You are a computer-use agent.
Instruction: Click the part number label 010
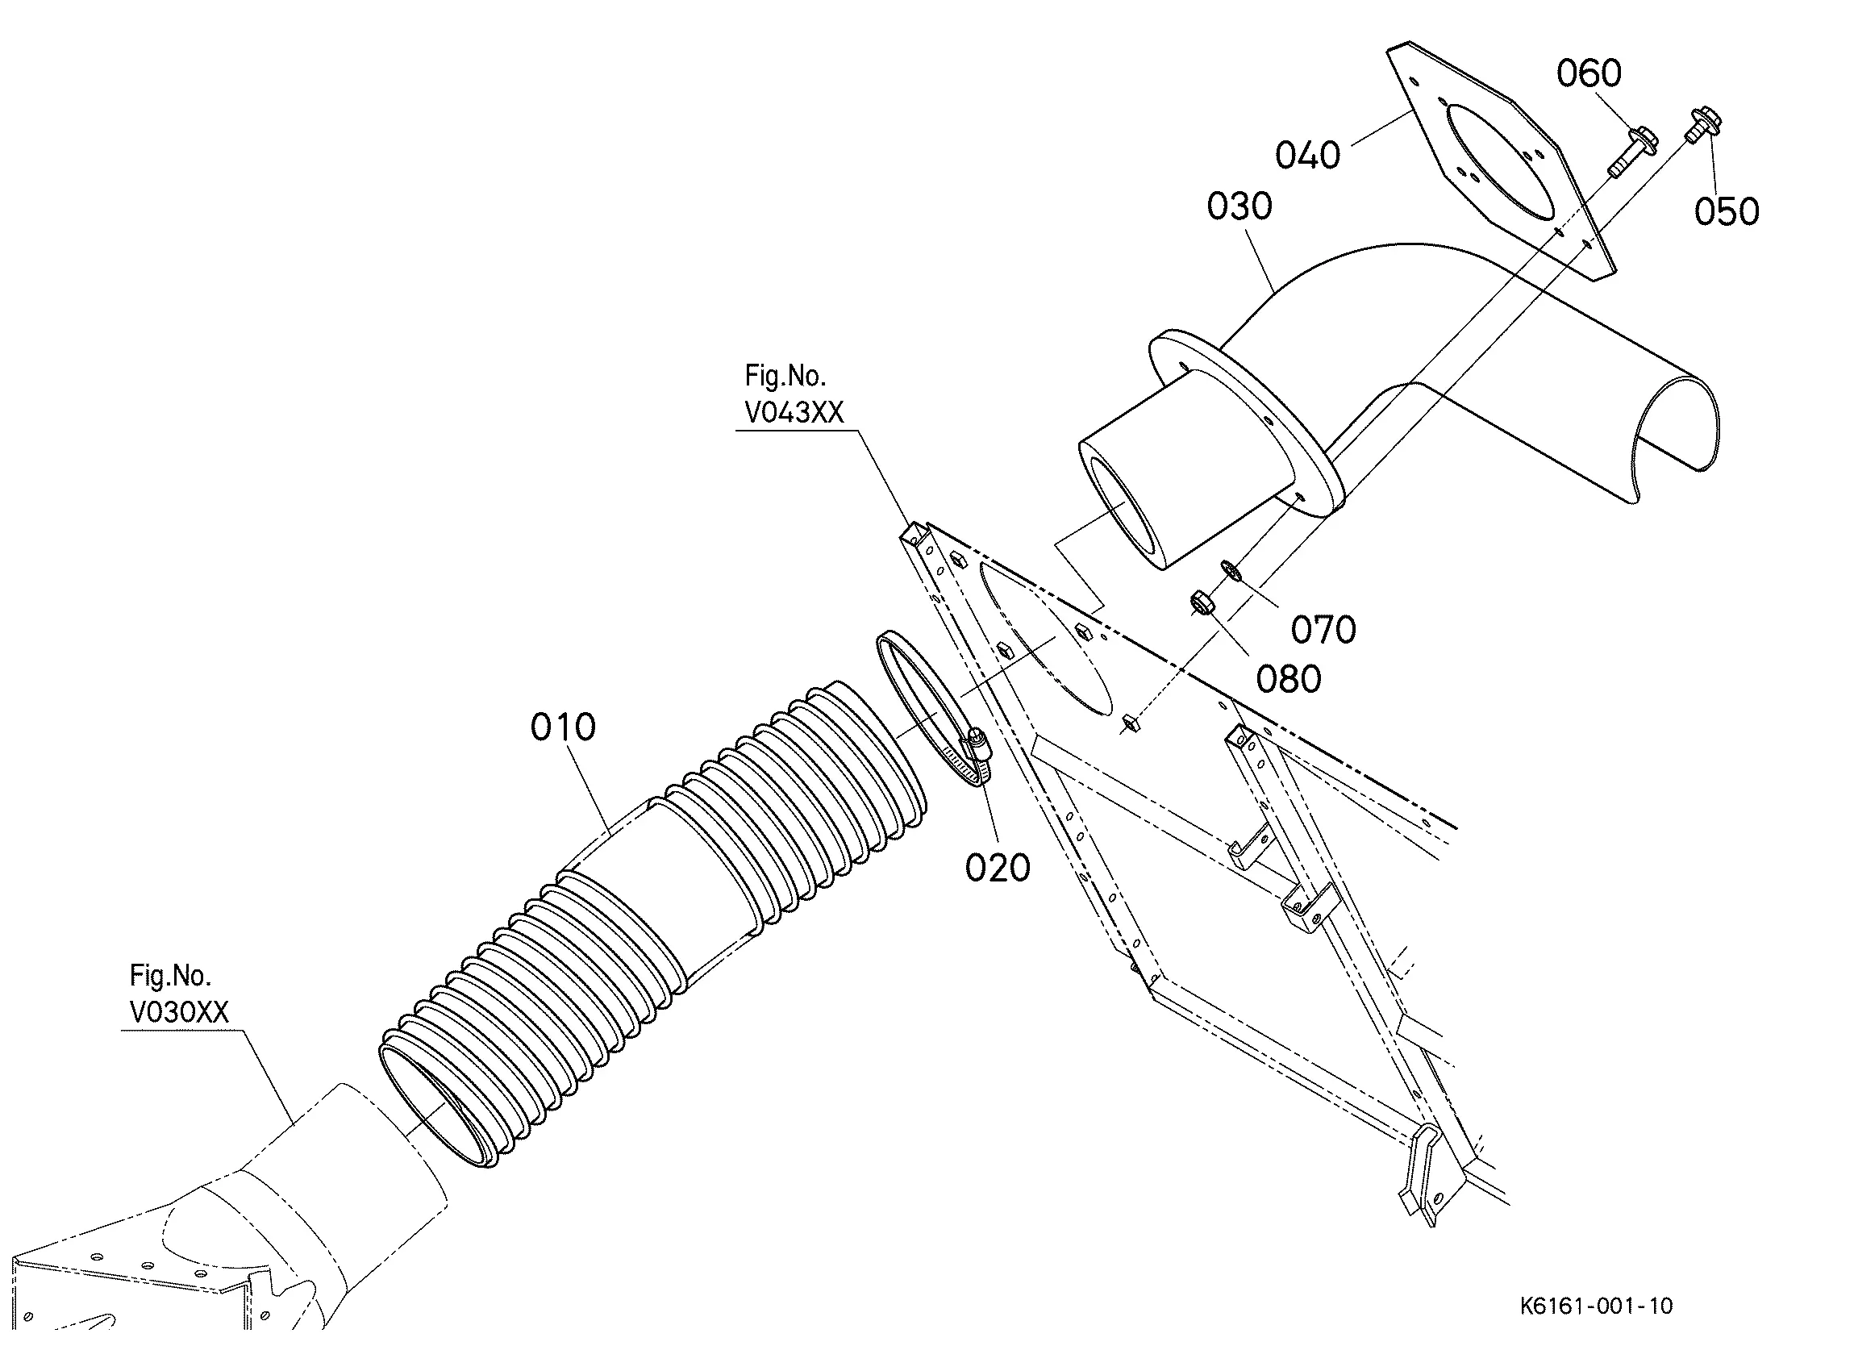(563, 727)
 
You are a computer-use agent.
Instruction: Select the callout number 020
(998, 868)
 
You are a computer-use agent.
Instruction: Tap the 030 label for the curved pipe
(1239, 207)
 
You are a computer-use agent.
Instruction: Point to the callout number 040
(1308, 156)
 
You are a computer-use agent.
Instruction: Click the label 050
(1727, 212)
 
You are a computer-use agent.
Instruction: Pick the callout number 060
(1589, 73)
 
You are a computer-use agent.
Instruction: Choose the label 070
(1323, 630)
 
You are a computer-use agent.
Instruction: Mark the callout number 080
(1289, 680)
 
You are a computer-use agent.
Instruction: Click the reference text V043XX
(794, 413)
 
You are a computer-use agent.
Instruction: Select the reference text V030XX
(179, 1012)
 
